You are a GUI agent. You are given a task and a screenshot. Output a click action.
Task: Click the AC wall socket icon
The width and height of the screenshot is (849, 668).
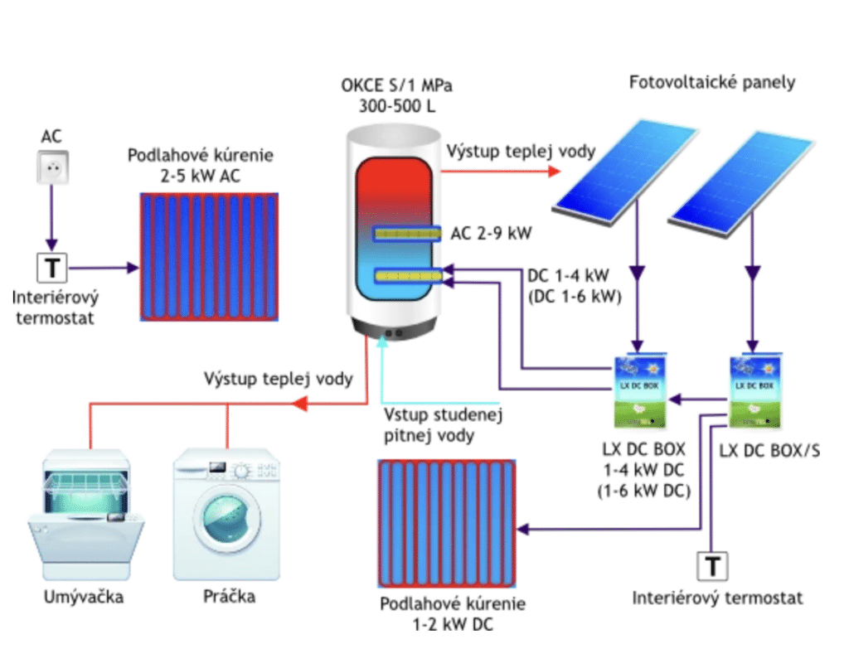pyautogui.click(x=51, y=167)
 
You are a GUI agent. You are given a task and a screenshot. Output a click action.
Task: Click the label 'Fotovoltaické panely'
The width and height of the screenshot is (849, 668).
pyautogui.click(x=712, y=83)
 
